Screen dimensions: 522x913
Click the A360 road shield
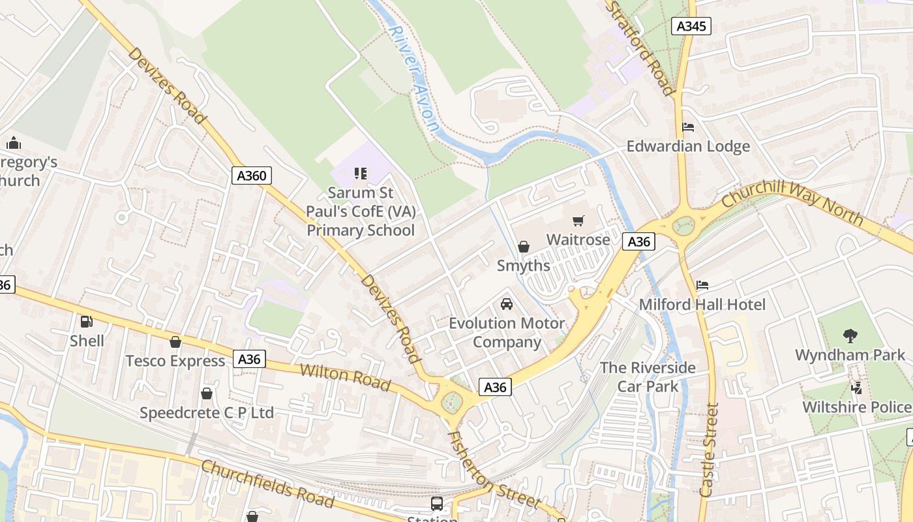point(251,175)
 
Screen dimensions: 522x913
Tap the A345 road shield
point(691,26)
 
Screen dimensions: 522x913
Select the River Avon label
point(413,78)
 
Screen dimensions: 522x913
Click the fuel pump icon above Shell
point(86,321)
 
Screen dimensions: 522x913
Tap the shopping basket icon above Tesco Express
point(175,342)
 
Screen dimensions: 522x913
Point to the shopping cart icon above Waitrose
point(578,221)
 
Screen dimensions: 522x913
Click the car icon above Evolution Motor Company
point(506,304)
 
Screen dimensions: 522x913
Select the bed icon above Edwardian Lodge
point(688,127)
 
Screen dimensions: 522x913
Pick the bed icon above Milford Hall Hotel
point(702,285)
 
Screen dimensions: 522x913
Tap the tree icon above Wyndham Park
point(850,336)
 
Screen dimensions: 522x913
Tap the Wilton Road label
point(345,378)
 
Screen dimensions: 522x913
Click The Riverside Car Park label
point(648,377)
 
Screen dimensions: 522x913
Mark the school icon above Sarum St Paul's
point(361,174)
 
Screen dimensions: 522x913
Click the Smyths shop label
point(523,266)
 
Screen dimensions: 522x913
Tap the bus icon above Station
point(436,504)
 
